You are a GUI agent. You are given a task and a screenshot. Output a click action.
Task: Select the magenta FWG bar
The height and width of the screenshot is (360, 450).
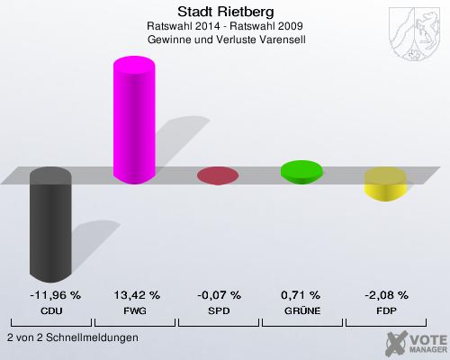(x=133, y=121)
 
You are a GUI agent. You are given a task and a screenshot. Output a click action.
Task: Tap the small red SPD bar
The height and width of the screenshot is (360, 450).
(x=217, y=175)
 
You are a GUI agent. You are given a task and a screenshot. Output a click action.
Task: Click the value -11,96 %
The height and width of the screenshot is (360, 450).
(x=51, y=294)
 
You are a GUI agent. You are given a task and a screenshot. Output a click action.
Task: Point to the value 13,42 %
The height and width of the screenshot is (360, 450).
(x=136, y=294)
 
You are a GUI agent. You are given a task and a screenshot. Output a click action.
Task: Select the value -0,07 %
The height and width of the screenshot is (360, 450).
(x=219, y=294)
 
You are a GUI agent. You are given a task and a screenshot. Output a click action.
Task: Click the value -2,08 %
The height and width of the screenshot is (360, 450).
(x=386, y=294)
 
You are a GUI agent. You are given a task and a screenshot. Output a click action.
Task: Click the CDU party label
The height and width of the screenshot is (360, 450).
(x=51, y=310)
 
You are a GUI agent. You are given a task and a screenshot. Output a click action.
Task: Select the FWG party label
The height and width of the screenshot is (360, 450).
(x=136, y=310)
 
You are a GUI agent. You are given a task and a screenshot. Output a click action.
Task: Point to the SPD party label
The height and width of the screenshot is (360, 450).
(x=219, y=310)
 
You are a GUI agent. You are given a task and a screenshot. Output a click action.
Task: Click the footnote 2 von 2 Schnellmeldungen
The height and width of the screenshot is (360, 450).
(x=72, y=337)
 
